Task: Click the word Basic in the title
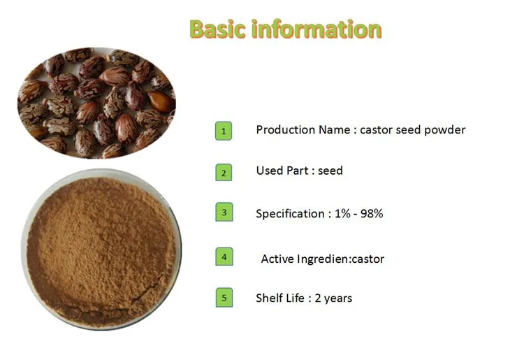click(x=218, y=29)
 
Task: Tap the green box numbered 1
click(x=223, y=131)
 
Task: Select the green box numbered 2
click(x=223, y=172)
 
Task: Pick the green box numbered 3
click(x=223, y=213)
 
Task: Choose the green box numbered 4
click(x=223, y=257)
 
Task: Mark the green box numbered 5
click(x=223, y=298)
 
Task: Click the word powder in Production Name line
click(x=445, y=130)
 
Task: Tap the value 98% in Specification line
click(x=370, y=214)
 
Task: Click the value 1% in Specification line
click(x=340, y=214)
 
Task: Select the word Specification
click(x=289, y=214)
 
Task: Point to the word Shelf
click(x=269, y=298)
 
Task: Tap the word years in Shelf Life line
click(x=337, y=299)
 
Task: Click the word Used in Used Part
click(x=269, y=171)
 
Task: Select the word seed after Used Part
click(x=330, y=171)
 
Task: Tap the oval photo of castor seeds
click(x=96, y=103)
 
